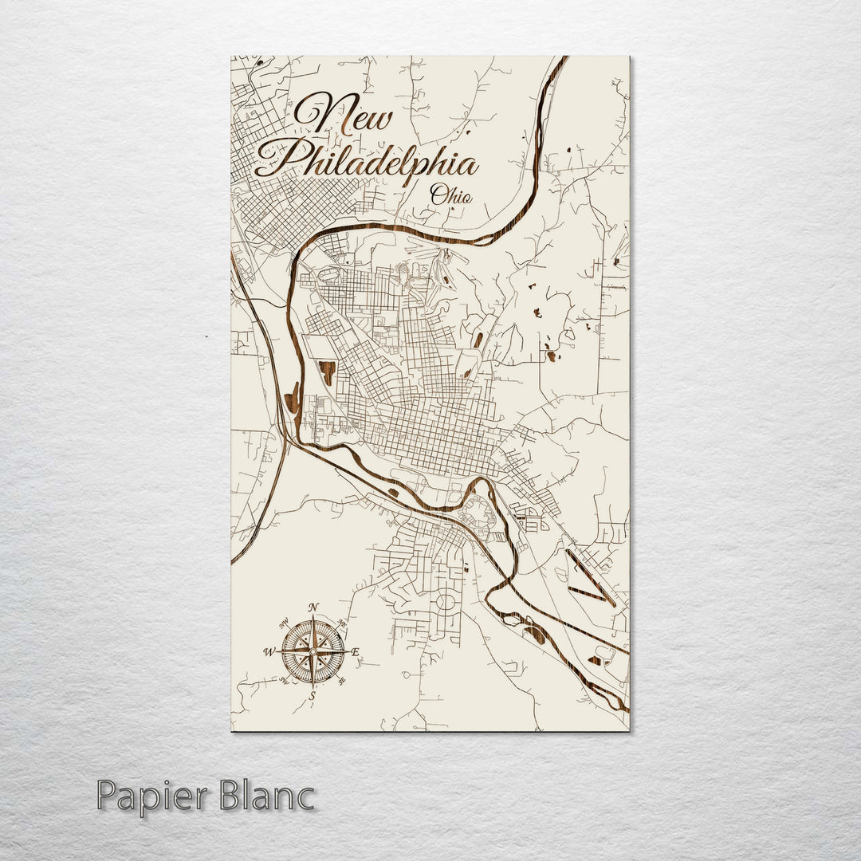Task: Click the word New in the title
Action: pos(344,114)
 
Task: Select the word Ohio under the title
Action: pos(450,195)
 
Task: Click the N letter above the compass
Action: pos(313,607)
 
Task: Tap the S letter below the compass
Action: pos(313,695)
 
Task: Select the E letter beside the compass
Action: pos(356,652)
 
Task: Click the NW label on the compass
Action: pos(285,623)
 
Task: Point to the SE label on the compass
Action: pos(342,680)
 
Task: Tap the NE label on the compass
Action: pos(342,623)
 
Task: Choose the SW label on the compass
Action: pos(285,680)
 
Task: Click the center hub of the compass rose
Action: pos(313,651)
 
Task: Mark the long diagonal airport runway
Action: pos(589,576)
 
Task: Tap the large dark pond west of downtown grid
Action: pos(327,372)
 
